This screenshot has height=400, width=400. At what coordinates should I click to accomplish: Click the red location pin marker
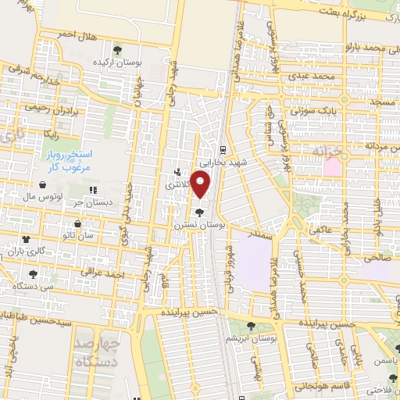[x=202, y=186]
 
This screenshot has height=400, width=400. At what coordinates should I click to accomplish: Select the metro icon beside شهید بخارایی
[x=223, y=149]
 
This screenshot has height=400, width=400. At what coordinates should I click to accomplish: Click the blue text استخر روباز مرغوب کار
[x=65, y=162]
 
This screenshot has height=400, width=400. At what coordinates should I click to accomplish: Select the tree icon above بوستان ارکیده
[x=117, y=49]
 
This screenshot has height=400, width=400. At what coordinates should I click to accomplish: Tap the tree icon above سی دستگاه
[x=33, y=275]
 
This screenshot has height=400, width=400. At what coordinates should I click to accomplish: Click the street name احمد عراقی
[x=105, y=274]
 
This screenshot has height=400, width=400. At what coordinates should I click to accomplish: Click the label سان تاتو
[x=80, y=234]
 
